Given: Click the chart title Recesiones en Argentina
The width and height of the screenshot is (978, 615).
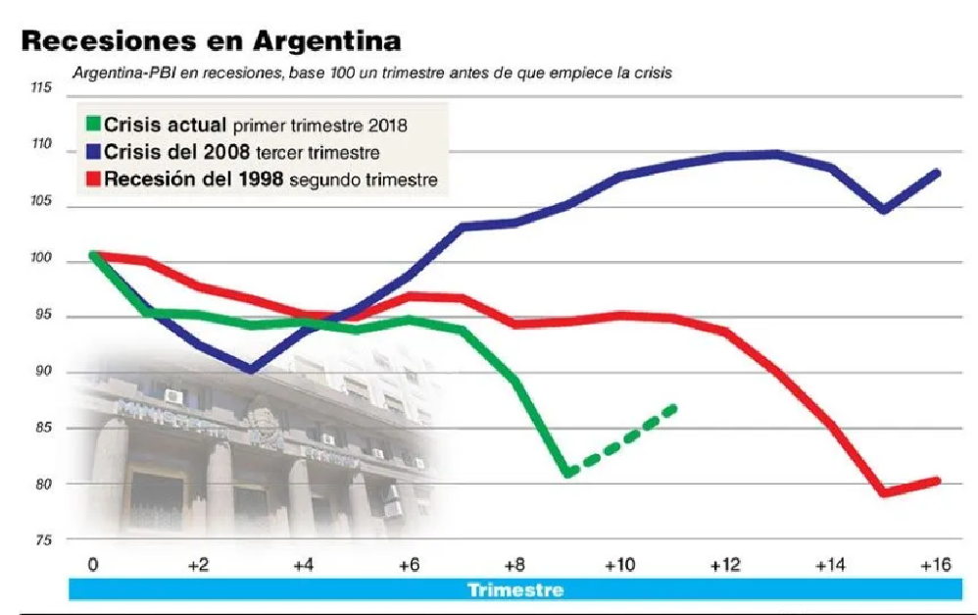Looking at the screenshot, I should coord(211,42).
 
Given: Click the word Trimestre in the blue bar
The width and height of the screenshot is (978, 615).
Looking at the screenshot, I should coord(515,589).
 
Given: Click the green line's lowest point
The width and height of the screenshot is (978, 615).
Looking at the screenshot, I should coord(568,473).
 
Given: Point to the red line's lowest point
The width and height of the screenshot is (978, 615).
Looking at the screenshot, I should coord(884,491).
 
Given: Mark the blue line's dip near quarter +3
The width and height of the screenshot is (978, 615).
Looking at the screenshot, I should coord(252,369).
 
